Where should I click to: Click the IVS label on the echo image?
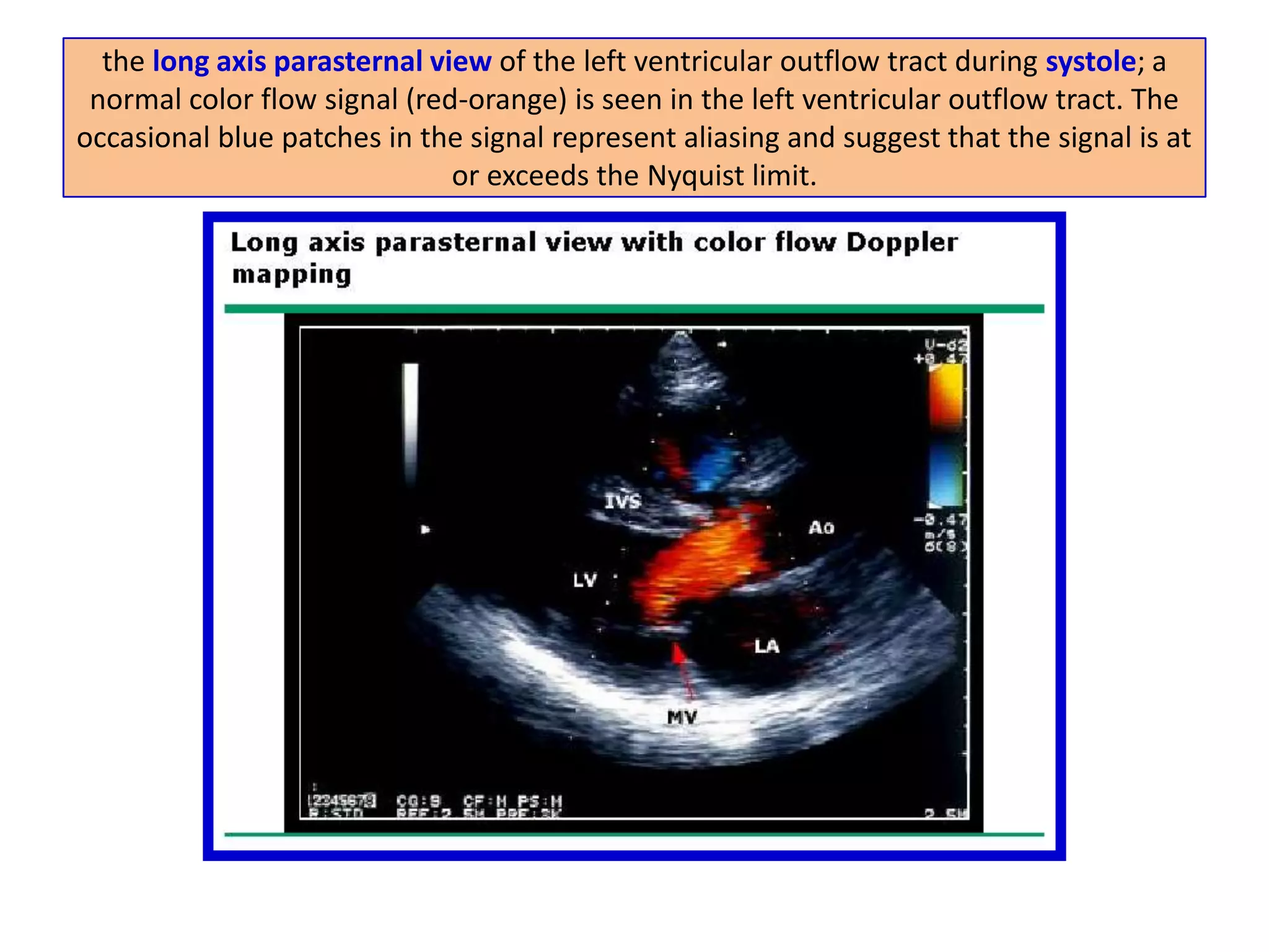tap(623, 501)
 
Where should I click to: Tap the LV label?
tap(584, 580)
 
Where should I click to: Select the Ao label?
tap(821, 527)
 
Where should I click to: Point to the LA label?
tap(766, 646)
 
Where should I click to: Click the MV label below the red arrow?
tap(682, 717)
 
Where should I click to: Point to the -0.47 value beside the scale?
tap(940, 519)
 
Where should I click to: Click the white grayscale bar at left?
tap(410, 421)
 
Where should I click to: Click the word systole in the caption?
tap(1091, 61)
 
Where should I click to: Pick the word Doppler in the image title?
tap(902, 242)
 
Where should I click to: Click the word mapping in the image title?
tap(291, 275)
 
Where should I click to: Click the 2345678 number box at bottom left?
tap(343, 800)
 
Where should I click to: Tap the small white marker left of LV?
tap(425, 529)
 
